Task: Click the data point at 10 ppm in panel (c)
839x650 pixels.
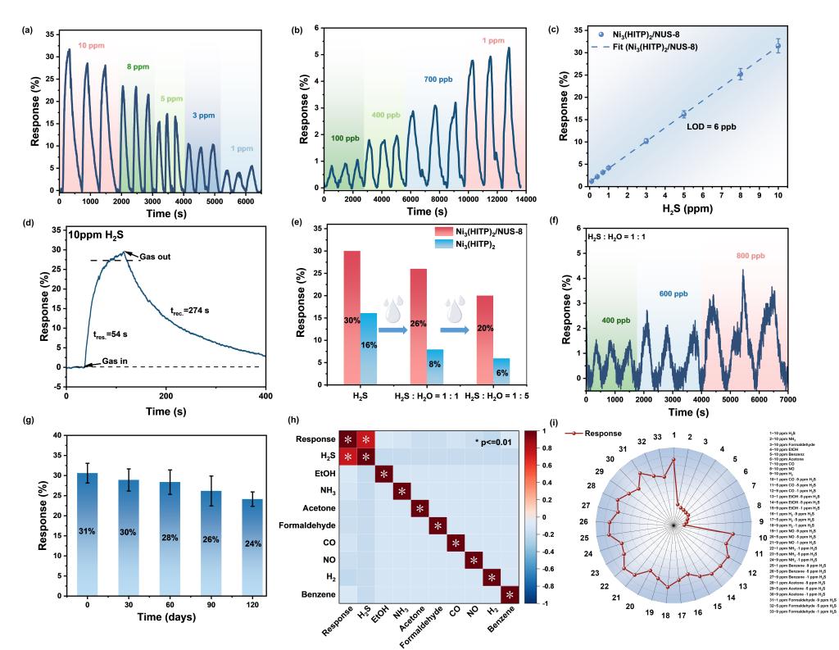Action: click(x=778, y=47)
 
